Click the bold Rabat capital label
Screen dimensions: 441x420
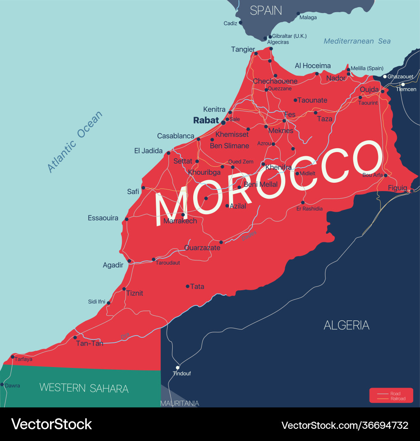pyautogui.click(x=206, y=120)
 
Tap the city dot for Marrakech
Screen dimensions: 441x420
pyautogui.click(x=183, y=215)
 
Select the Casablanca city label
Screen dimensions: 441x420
pyautogui.click(x=176, y=136)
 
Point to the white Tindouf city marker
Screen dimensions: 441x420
pyautogui.click(x=178, y=367)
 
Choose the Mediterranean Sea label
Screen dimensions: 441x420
pyautogui.click(x=357, y=41)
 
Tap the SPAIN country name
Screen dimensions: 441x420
pyautogui.click(x=266, y=10)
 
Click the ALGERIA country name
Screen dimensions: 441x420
pyautogui.click(x=346, y=325)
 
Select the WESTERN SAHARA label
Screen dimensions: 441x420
pyautogui.click(x=84, y=388)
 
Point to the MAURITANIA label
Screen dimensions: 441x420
pyautogui.click(x=180, y=403)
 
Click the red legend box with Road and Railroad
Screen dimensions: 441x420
pyautogui.click(x=391, y=396)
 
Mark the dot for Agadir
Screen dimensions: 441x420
pyautogui.click(x=129, y=261)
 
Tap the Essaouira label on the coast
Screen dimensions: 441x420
pyautogui.click(x=103, y=218)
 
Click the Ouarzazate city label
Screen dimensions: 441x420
pyautogui.click(x=202, y=248)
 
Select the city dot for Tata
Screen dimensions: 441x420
pyautogui.click(x=188, y=286)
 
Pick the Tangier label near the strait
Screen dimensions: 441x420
pyautogui.click(x=243, y=50)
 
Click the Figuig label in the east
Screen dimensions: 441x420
pyautogui.click(x=397, y=188)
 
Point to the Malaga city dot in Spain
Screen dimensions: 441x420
pyautogui.click(x=298, y=13)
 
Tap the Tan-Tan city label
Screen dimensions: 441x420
pyautogui.click(x=89, y=343)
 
